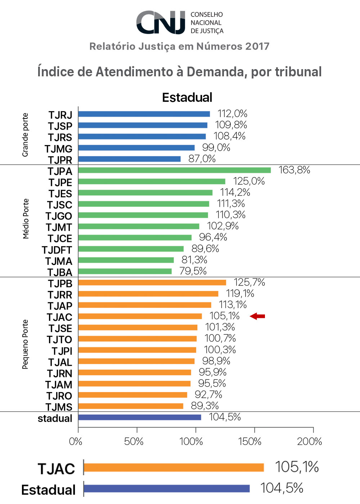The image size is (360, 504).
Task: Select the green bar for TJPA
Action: [x=174, y=170]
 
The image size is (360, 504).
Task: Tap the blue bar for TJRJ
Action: [x=144, y=114]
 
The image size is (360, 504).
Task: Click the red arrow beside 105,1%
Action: [x=257, y=316]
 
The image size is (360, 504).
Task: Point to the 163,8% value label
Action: [x=294, y=170]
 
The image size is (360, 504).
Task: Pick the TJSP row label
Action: [x=60, y=126]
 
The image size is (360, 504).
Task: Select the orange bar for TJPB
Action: [x=152, y=283]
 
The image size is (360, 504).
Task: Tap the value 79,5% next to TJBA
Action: [x=193, y=271]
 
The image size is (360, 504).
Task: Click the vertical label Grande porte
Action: [x=25, y=135]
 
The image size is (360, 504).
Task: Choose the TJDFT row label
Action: [x=57, y=250]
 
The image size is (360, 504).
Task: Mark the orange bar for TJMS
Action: [x=131, y=406]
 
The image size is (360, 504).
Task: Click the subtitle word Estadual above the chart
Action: [x=187, y=98]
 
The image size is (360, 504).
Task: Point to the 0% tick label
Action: [x=76, y=441]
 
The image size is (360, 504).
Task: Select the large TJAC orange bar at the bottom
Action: [x=174, y=468]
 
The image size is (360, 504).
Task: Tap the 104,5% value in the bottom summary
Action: [x=282, y=488]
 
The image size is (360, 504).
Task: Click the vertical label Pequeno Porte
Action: [x=25, y=344]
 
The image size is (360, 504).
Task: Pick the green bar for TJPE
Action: [x=152, y=181]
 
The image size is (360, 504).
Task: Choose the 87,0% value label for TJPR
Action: [x=202, y=159]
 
